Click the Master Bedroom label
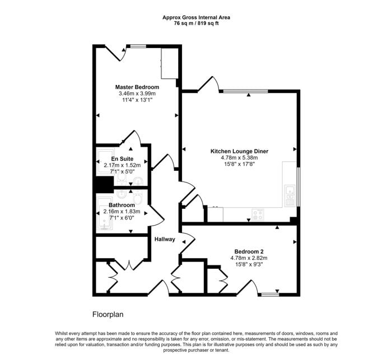137,87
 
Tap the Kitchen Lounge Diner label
239,151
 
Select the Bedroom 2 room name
249,251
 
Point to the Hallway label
165,239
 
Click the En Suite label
122,159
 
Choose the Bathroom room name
122,205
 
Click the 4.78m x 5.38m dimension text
239,158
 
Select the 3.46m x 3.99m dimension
137,93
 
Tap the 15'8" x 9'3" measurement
249,264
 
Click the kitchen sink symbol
290,195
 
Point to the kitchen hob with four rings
258,214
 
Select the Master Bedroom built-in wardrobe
170,63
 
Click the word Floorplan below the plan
108,314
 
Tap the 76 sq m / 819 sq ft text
196,24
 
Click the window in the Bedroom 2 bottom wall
270,294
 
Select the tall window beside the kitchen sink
298,187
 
